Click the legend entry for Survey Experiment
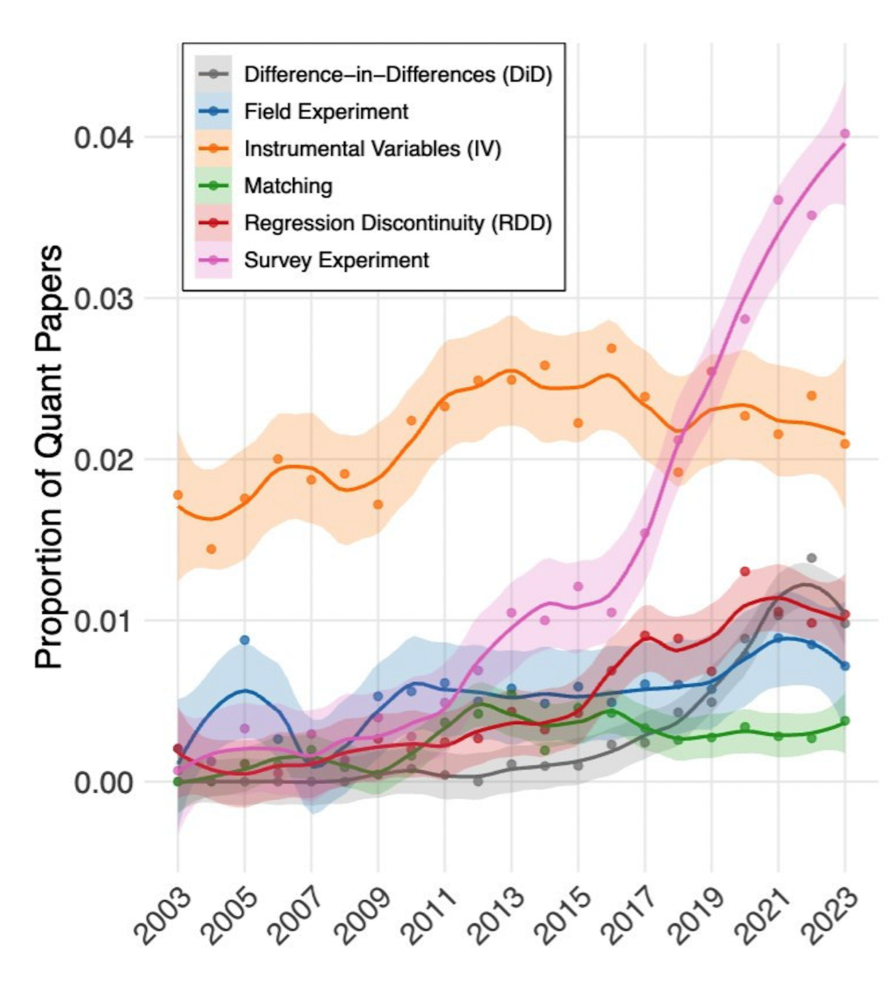click(336, 260)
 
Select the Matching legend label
click(288, 186)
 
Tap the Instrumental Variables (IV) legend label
click(372, 149)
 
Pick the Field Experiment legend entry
click(326, 112)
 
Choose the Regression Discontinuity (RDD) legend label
click(398, 223)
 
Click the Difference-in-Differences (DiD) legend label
click(398, 74)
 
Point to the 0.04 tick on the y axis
click(103, 137)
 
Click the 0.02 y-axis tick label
click(103, 460)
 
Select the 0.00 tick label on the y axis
click(103, 782)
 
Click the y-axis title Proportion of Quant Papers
click(50, 457)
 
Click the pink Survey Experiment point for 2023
click(845, 133)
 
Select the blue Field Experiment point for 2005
click(245, 640)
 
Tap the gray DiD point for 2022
click(812, 558)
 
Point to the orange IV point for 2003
click(178, 495)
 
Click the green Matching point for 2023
click(845, 720)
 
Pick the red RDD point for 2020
click(745, 572)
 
